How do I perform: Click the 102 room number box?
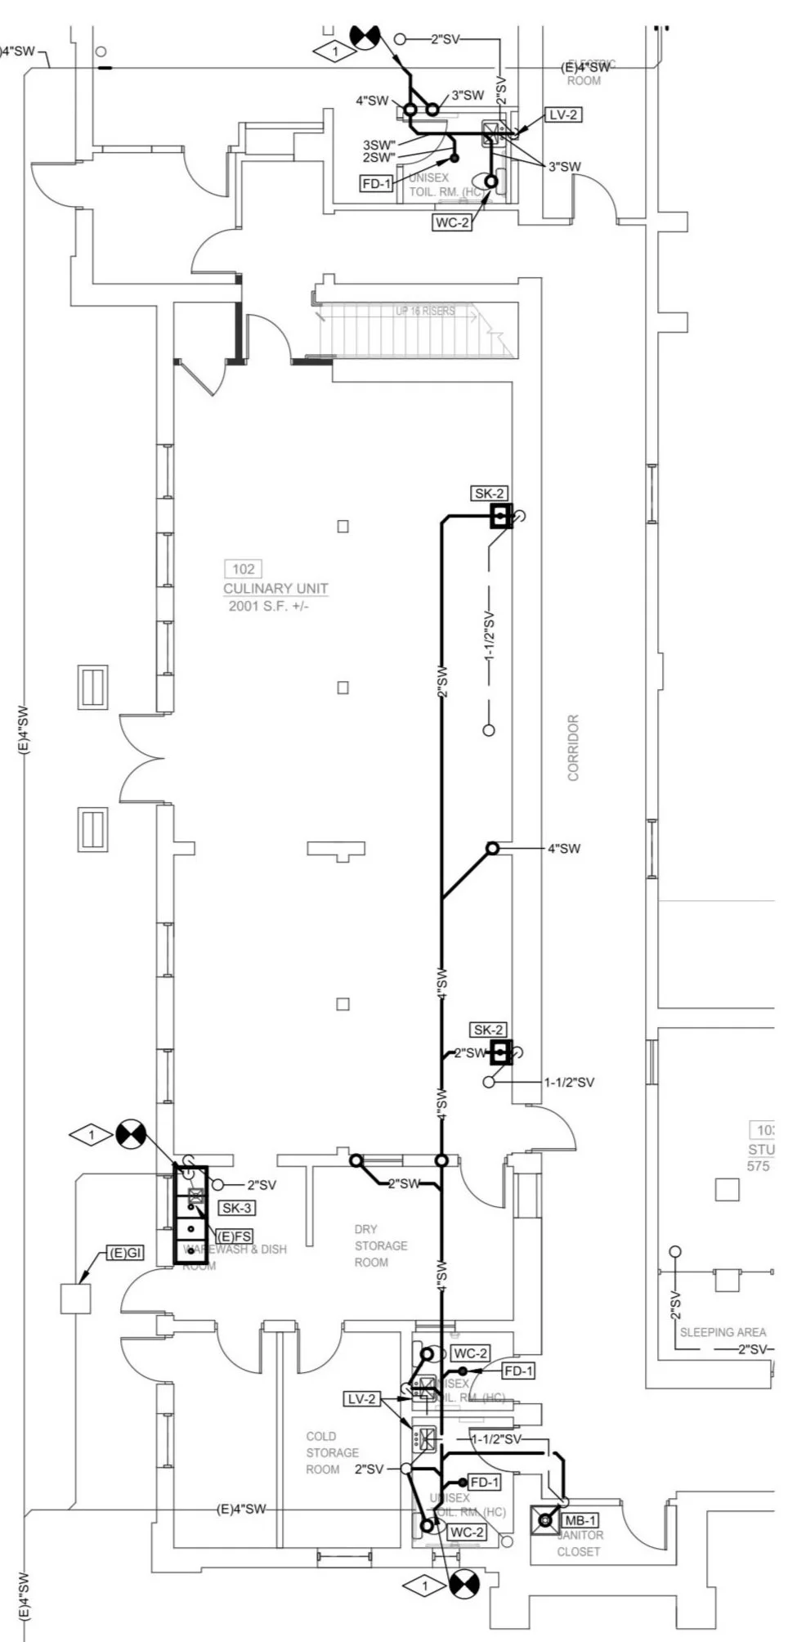coord(243,569)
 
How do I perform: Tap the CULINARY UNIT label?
coord(275,589)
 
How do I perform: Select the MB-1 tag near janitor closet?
coord(580,1520)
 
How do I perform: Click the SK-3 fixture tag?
coord(236,1208)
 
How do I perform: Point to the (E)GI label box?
coord(125,1253)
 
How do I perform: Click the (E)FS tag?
coord(234,1236)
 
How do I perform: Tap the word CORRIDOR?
coord(573,747)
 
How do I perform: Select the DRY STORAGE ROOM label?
coord(380,1245)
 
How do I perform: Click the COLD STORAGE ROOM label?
coord(332,1452)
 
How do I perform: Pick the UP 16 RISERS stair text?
coord(424,311)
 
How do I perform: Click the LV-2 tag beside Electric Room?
coord(562,114)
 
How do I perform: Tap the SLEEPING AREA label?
coord(722,1332)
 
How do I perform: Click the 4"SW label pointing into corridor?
coord(563,849)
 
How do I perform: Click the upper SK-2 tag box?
coord(489,493)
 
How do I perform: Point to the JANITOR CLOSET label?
coord(579,1543)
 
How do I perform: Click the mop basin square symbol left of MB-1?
coord(545,1521)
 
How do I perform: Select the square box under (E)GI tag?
coord(75,1299)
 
